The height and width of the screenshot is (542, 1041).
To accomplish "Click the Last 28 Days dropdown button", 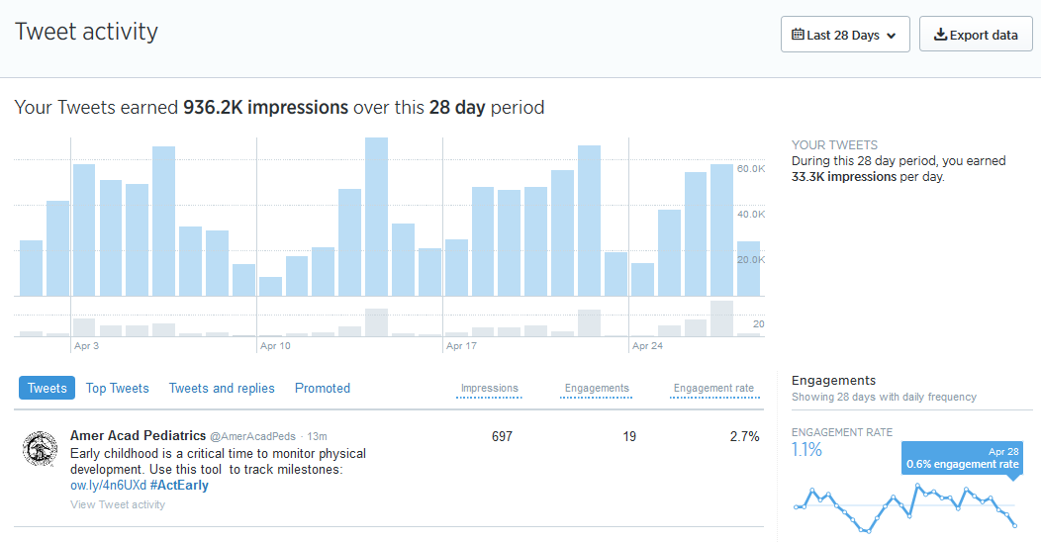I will (x=845, y=35).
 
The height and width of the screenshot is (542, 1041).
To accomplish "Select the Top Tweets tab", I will (x=117, y=389).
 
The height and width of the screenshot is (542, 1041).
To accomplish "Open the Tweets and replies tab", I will (x=222, y=389).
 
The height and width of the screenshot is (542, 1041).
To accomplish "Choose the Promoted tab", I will (x=323, y=389).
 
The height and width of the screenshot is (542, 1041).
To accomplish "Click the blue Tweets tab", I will (x=47, y=389).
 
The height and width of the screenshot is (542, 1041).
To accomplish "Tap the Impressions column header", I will (x=490, y=389).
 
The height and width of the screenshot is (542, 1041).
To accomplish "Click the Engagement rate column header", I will (x=713, y=389).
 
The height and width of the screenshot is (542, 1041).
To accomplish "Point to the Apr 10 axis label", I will (x=275, y=346).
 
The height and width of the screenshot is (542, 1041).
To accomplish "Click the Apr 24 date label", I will (x=647, y=346).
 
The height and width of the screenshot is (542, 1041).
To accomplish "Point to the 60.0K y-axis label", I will (x=751, y=169).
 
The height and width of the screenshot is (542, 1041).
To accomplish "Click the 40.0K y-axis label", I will (x=751, y=215).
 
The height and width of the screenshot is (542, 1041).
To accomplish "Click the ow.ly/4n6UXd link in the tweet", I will (x=108, y=486).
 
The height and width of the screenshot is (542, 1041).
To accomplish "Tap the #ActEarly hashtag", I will (x=179, y=486).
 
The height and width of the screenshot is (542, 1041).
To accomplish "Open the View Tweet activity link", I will (x=118, y=504).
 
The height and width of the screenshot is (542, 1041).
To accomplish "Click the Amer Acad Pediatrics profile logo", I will (x=40, y=449).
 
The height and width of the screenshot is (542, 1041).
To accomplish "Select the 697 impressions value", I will (x=502, y=437).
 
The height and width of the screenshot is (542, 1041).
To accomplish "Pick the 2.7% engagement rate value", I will (x=743, y=437).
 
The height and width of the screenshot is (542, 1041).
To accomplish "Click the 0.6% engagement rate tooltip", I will (x=962, y=458).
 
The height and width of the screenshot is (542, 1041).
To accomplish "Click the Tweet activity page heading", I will (x=86, y=32).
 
